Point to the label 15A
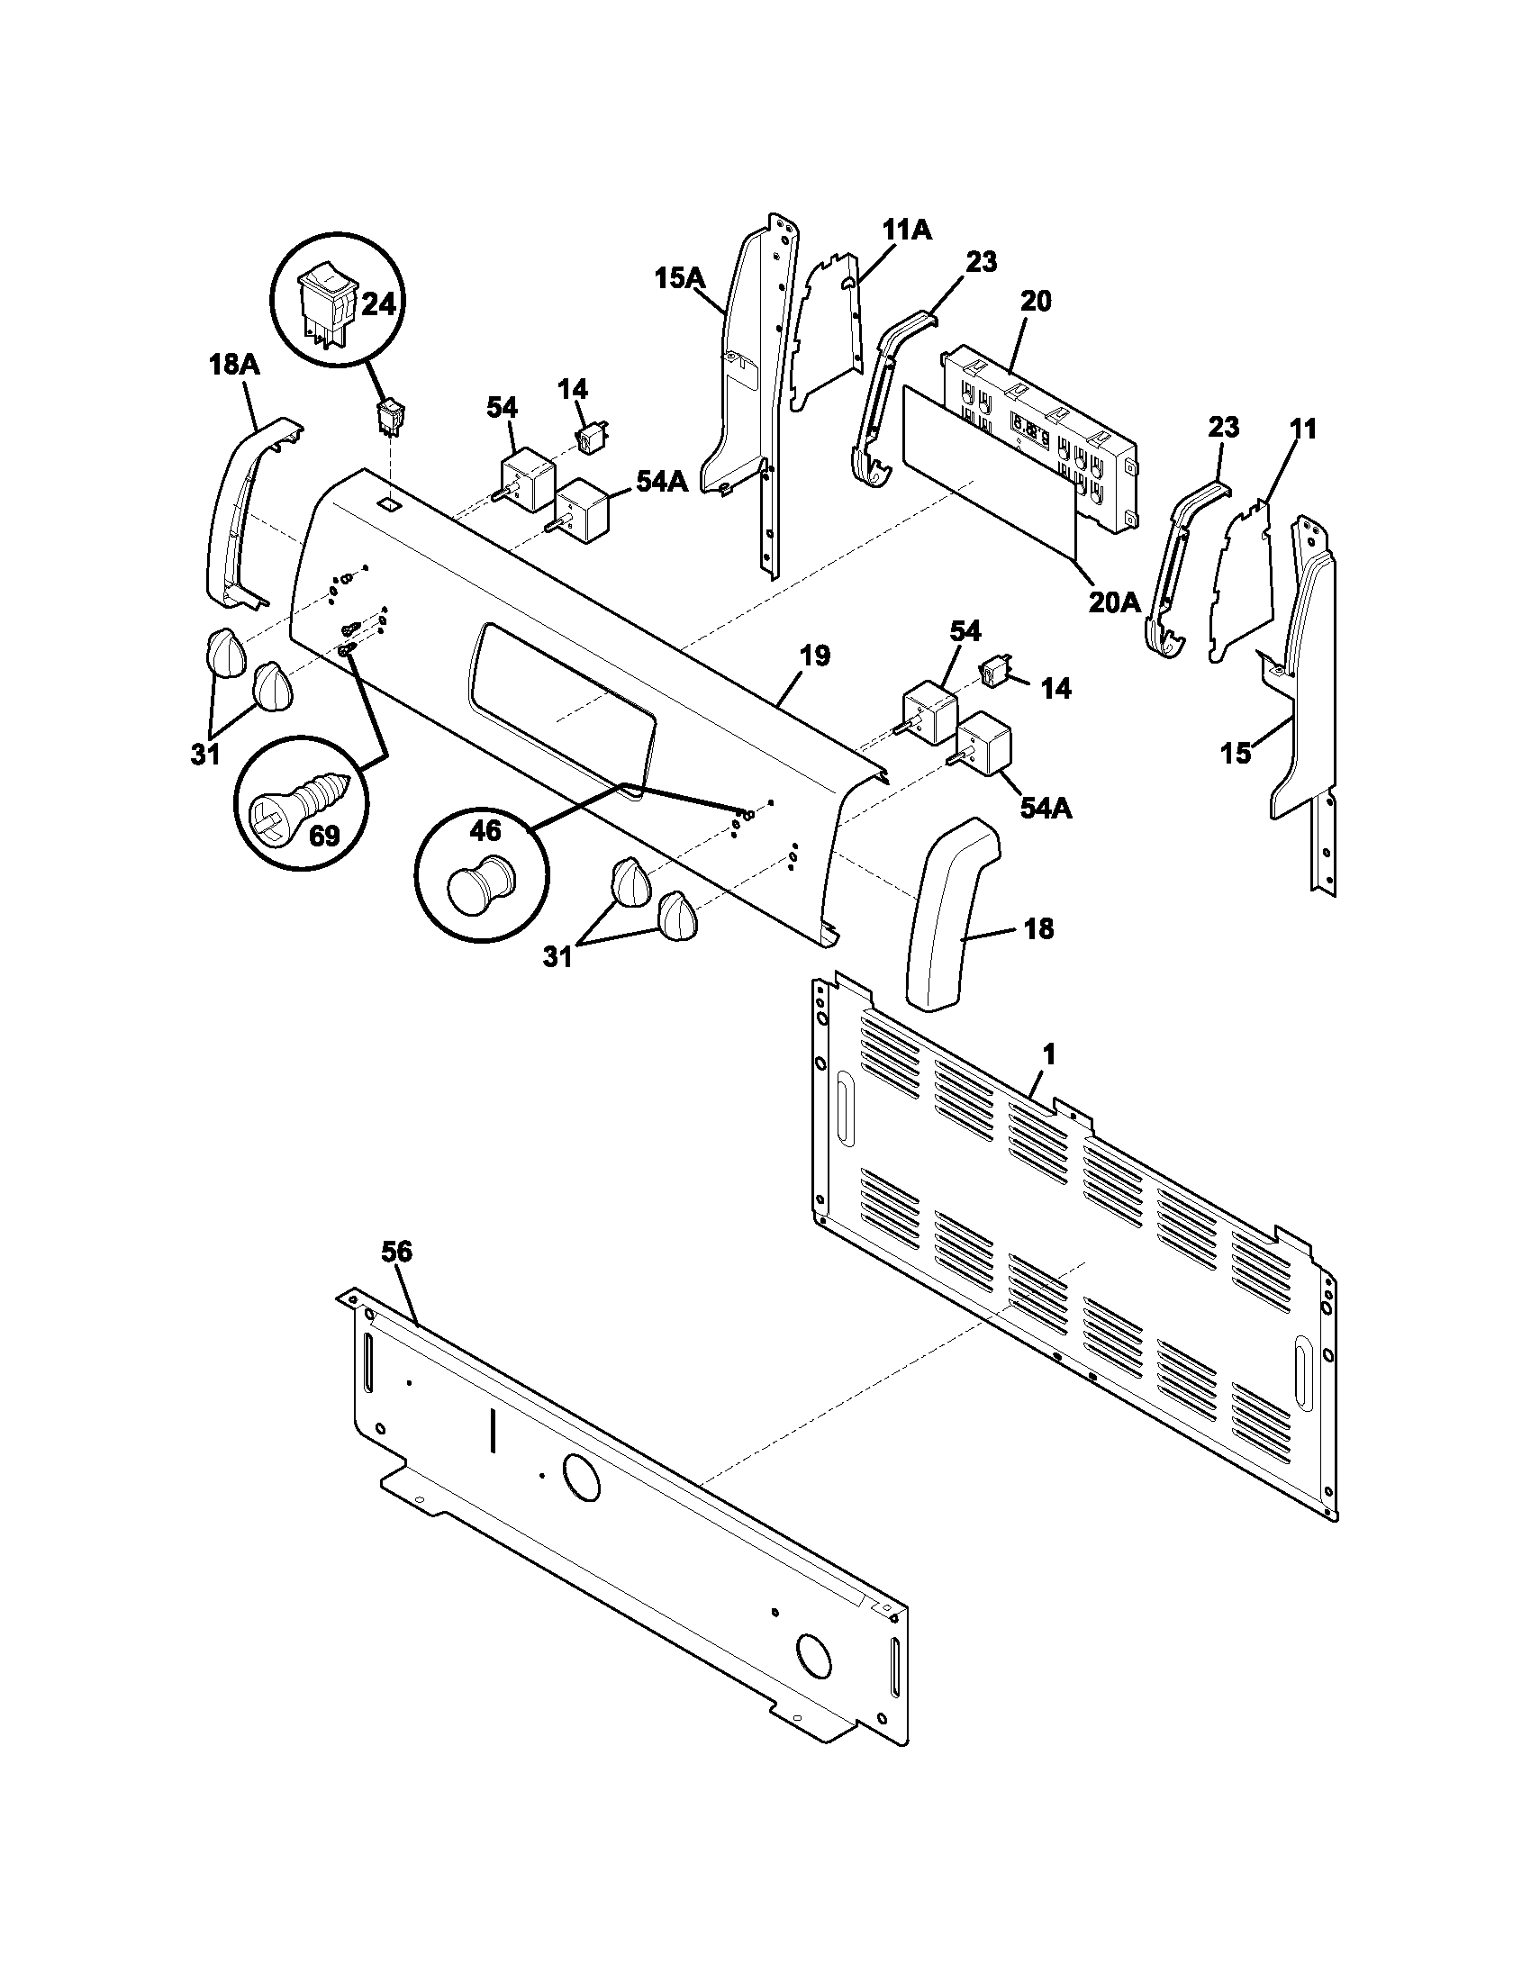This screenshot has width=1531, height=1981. pos(680,278)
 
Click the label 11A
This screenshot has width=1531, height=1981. pos(907,231)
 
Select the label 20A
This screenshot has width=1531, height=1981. pos(1113,602)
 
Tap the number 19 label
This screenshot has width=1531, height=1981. pos(814,656)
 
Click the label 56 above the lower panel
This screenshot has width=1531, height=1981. pos(396,1252)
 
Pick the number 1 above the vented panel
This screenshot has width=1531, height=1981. pos(1048,1054)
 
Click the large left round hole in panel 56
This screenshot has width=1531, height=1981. pos(581,1478)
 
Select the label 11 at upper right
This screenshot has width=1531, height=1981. pos(1302,428)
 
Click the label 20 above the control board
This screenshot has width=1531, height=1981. pos(1035,302)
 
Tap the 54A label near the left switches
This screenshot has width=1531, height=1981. pos(661,483)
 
